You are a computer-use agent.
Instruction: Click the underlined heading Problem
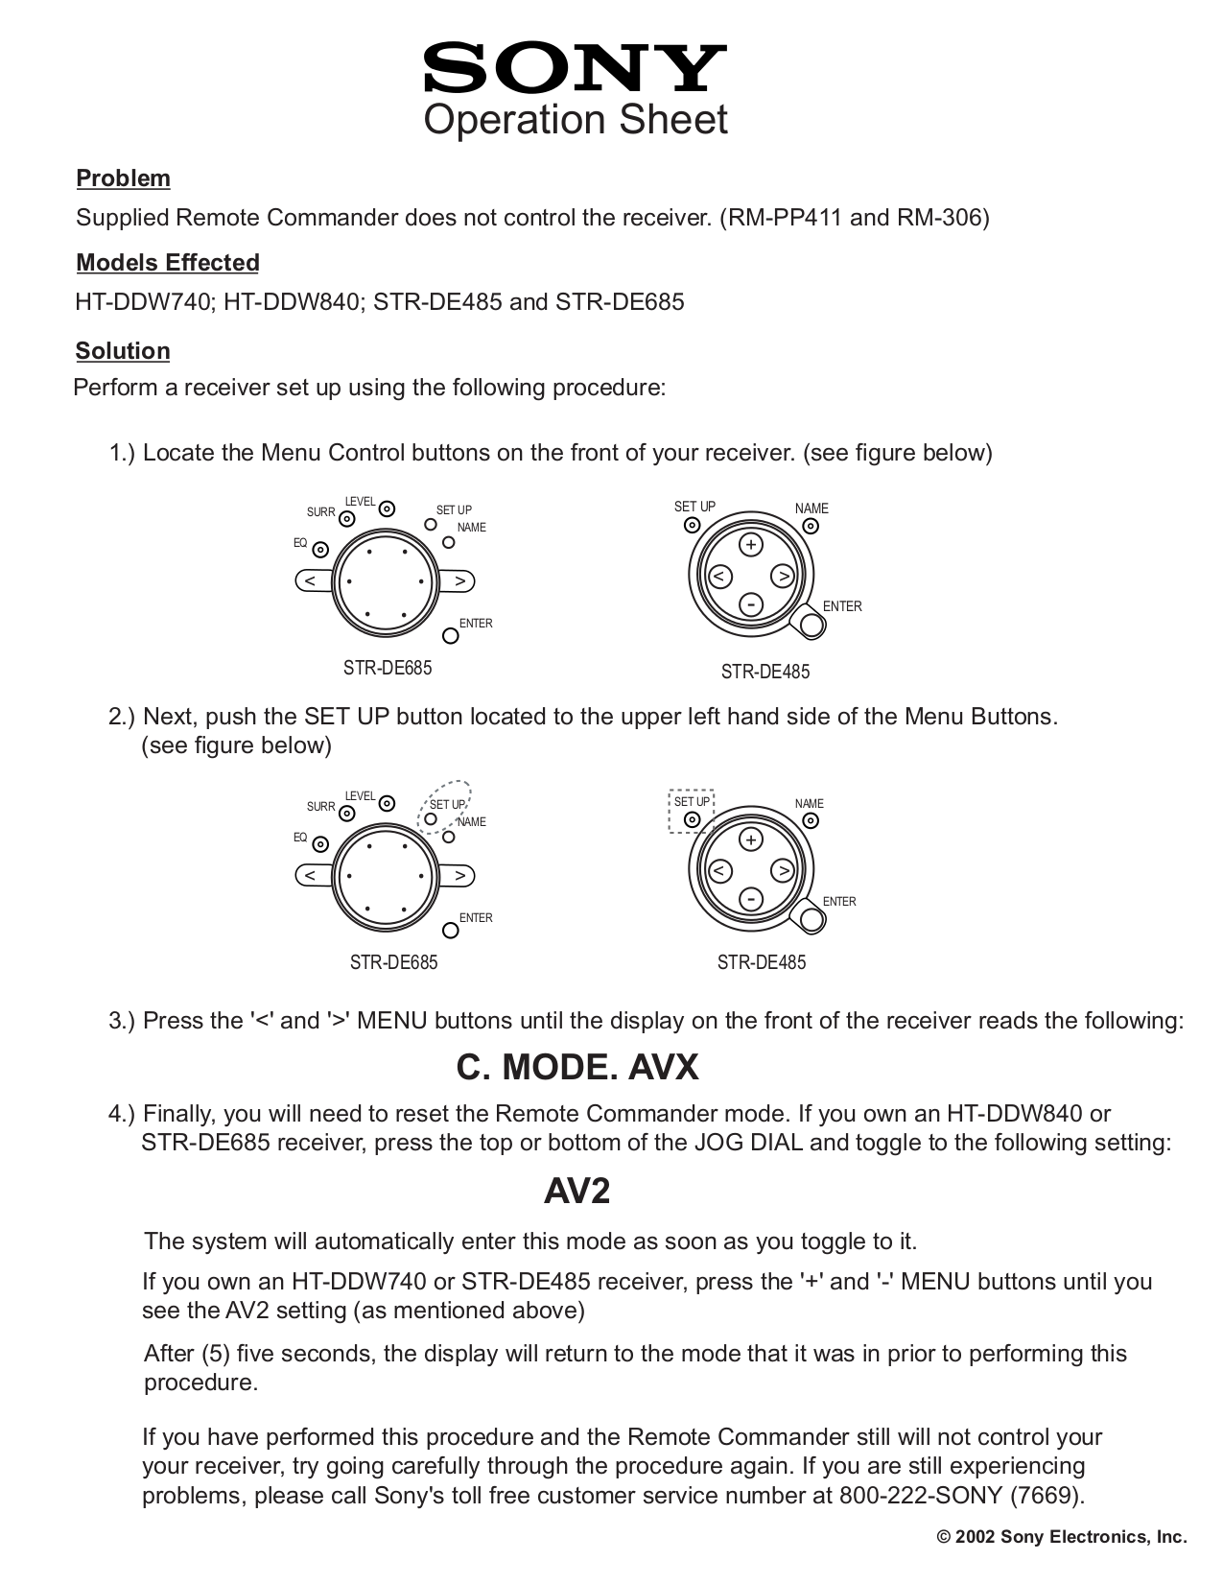click(123, 178)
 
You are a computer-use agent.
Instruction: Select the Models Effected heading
click(168, 263)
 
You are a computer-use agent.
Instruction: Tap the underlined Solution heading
click(123, 351)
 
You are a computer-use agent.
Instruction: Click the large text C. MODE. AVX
click(576, 1067)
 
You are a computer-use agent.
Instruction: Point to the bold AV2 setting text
click(576, 1192)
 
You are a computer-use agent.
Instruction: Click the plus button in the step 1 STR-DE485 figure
click(751, 545)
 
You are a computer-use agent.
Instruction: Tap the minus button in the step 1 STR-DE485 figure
click(751, 604)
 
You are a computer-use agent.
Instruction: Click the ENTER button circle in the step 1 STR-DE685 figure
click(450, 635)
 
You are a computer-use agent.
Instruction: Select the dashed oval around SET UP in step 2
click(447, 807)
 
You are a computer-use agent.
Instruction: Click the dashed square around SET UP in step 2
click(691, 812)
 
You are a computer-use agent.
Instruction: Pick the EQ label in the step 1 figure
click(300, 543)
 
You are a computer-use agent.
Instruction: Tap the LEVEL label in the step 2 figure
click(360, 796)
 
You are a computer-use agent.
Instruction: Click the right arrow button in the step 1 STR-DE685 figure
click(459, 581)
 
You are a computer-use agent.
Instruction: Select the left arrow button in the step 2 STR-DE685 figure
click(311, 876)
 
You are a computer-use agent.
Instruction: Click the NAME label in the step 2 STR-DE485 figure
click(809, 804)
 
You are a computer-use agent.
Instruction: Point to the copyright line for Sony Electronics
click(1061, 1537)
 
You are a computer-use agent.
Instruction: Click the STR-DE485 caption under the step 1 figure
click(764, 673)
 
